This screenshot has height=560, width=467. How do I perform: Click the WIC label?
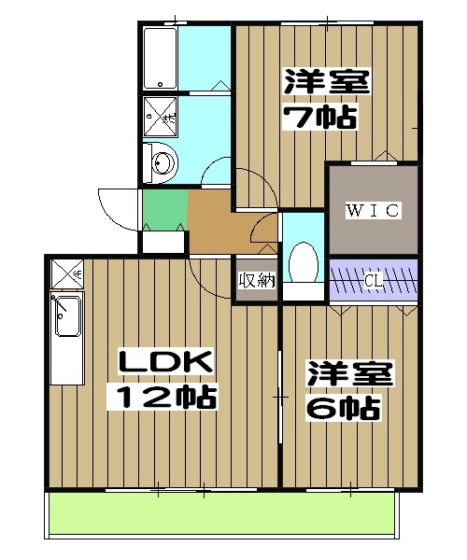pyautogui.click(x=373, y=210)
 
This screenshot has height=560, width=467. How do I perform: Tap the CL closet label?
pyautogui.click(x=373, y=278)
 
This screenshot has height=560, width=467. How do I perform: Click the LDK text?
pyautogui.click(x=165, y=361)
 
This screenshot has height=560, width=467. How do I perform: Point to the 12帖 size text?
pyautogui.click(x=165, y=398)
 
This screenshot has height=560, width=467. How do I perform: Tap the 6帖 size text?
pyautogui.click(x=343, y=408)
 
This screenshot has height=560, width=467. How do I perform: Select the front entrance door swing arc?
pyautogui.click(x=117, y=207)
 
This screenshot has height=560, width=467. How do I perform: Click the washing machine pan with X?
pyautogui.click(x=163, y=117)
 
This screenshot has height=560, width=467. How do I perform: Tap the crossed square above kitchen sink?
pyautogui.click(x=66, y=273)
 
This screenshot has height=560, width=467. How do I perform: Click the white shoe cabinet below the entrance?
pyautogui.click(x=163, y=241)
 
